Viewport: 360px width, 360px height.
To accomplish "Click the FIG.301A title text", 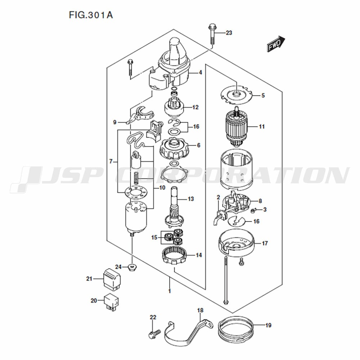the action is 91,15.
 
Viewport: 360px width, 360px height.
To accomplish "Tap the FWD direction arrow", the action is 276,44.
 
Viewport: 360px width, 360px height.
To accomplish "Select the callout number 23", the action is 229,33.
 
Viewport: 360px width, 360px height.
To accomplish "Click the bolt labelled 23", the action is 212,35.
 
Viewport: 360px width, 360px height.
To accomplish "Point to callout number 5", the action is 263,95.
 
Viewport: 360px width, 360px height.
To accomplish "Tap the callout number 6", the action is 199,145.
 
